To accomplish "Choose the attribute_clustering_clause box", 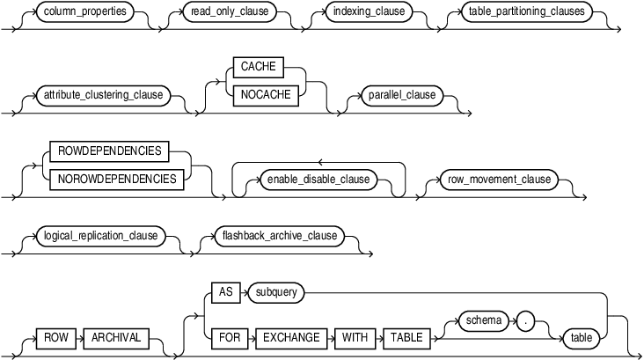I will coord(103,94).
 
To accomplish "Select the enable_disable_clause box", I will coord(318,179).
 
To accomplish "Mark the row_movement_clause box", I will coord(496,179).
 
